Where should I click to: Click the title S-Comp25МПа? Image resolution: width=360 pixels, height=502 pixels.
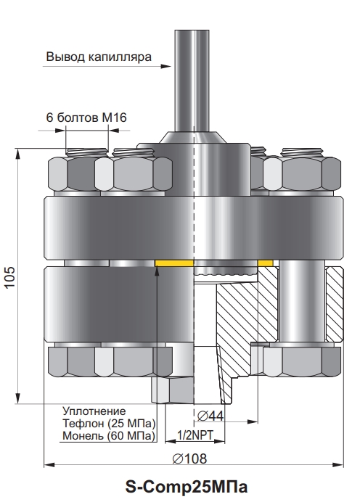[186, 487]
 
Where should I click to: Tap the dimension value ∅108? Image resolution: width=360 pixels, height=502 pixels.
[189, 458]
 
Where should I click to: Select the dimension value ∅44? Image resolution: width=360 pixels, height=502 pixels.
[210, 416]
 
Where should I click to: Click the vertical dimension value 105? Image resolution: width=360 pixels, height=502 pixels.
[10, 276]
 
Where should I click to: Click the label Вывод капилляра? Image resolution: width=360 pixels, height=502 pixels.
[99, 57]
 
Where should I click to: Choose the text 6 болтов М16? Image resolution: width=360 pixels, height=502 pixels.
[86, 118]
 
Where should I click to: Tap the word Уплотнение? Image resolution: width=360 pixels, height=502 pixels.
[94, 411]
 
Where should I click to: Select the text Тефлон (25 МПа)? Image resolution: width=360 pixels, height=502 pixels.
[109, 423]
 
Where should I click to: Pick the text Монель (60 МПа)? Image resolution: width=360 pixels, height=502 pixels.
[109, 436]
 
